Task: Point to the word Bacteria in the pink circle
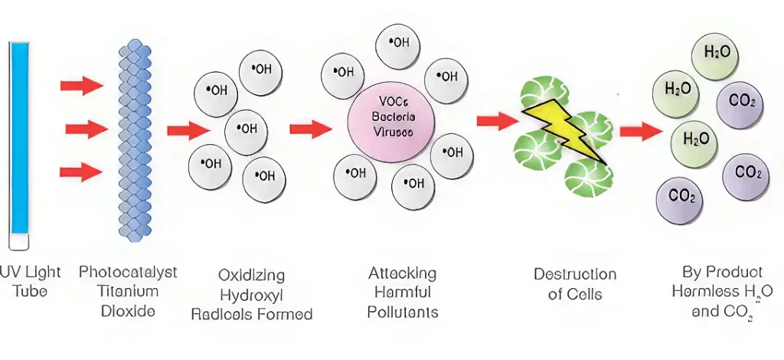click(393, 117)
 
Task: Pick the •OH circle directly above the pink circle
click(398, 44)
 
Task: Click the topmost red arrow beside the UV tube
click(81, 85)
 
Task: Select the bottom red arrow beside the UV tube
click(81, 172)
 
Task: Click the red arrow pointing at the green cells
click(497, 121)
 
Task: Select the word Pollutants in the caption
click(402, 312)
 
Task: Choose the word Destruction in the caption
click(574, 274)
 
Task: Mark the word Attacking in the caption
click(402, 273)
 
